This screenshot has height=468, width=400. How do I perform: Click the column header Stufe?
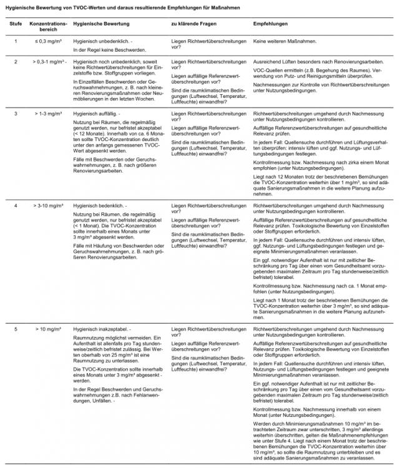(x=16, y=22)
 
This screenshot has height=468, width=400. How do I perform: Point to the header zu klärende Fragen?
(x=193, y=22)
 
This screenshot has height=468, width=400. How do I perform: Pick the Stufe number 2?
(x=16, y=62)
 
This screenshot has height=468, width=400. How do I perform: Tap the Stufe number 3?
(x=16, y=114)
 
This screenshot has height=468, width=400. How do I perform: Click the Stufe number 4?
(x=16, y=205)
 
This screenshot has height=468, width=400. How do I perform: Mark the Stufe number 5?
(x=16, y=328)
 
